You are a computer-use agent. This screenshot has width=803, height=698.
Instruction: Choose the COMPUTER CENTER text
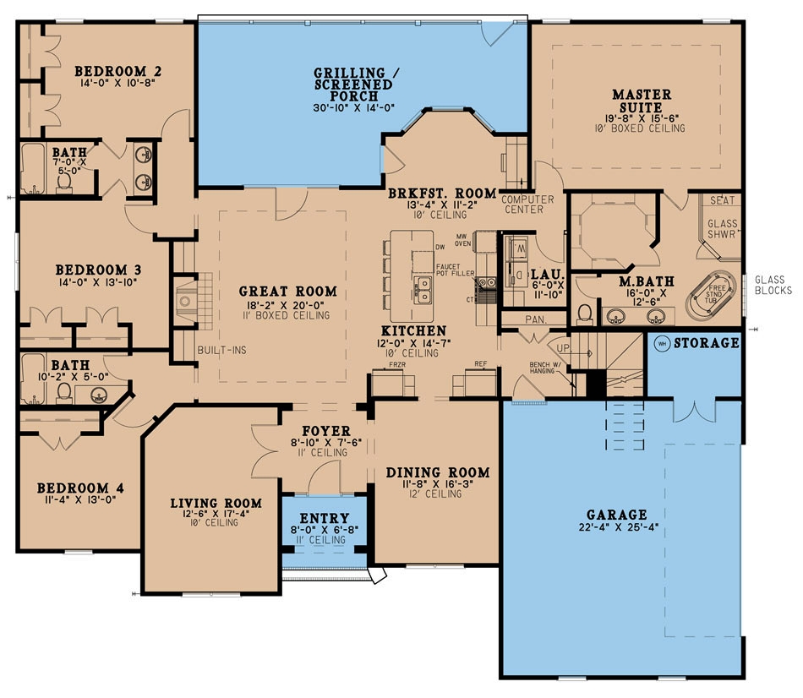pyautogui.click(x=527, y=204)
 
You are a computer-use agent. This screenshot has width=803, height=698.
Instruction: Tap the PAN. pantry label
pyautogui.click(x=536, y=320)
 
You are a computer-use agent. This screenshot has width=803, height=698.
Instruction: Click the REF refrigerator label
pyautogui.click(x=481, y=364)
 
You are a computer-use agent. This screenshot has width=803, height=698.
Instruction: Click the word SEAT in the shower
pyautogui.click(x=723, y=200)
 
